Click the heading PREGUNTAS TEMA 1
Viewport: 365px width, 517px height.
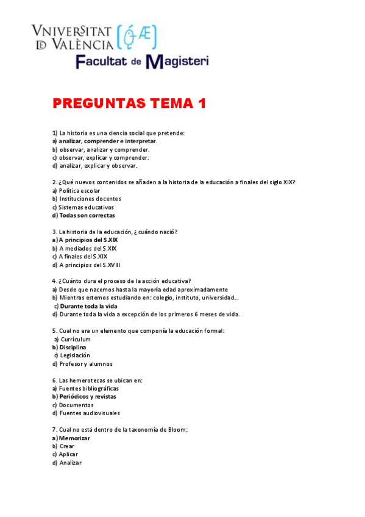[x=129, y=104]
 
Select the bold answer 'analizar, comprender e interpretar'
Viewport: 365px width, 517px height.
[x=108, y=141]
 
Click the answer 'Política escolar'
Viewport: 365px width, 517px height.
[x=79, y=190]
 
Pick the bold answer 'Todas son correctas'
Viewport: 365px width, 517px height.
[x=87, y=215]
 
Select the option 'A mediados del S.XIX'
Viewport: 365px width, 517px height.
[x=88, y=249]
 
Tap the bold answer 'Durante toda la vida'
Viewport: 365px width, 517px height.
[x=88, y=306]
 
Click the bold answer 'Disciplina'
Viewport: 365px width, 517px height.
[x=73, y=347]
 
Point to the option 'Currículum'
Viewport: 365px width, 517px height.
[x=75, y=339]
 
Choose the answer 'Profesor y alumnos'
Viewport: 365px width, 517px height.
[x=85, y=364]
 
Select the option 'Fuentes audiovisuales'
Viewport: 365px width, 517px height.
[x=89, y=413]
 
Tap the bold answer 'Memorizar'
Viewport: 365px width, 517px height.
[x=74, y=438]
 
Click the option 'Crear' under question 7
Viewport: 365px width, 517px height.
[x=66, y=446]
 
